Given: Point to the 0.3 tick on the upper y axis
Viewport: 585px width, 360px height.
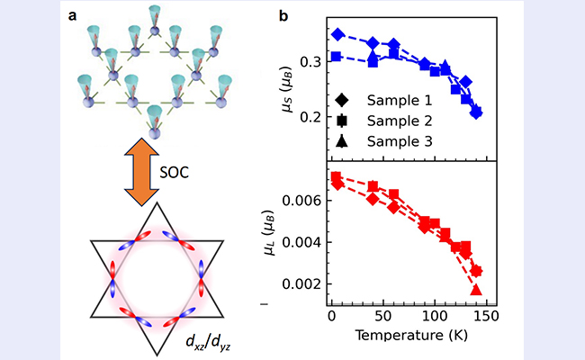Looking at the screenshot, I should click(308, 62).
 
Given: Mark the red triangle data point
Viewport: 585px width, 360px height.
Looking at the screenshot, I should click(476, 290).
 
